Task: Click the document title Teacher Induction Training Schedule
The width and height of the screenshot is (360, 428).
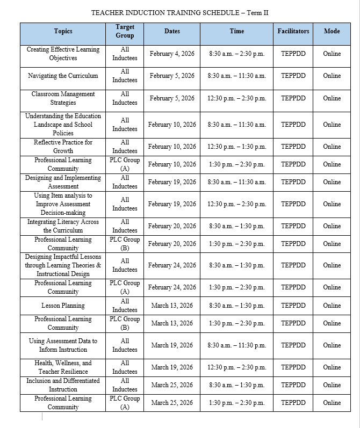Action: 179,12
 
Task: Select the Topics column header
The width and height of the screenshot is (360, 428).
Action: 63,31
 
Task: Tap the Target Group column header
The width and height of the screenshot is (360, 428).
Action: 125,31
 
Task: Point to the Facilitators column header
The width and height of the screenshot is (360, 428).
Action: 293,31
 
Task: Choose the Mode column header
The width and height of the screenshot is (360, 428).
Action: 332,31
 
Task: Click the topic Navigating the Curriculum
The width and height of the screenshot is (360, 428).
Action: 63,76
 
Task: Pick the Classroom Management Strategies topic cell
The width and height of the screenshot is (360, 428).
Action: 63,98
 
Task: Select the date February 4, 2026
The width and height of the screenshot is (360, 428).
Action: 172,54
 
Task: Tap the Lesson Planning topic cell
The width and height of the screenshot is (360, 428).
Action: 63,306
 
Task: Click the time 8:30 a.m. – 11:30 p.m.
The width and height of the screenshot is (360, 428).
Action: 236,345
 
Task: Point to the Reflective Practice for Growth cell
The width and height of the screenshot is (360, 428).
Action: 63,147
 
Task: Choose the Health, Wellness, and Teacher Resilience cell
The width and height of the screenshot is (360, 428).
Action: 63,367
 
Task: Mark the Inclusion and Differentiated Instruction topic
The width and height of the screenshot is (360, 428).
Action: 63,385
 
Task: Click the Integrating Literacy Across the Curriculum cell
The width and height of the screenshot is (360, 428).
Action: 63,226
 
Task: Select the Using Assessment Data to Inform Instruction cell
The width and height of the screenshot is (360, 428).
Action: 63,345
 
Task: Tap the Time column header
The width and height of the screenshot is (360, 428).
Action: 236,31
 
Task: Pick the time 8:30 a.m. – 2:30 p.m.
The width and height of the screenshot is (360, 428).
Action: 236,54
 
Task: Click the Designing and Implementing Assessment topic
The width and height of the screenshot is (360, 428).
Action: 63,182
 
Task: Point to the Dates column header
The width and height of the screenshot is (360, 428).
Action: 172,31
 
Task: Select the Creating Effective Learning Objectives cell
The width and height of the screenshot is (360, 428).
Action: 63,54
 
